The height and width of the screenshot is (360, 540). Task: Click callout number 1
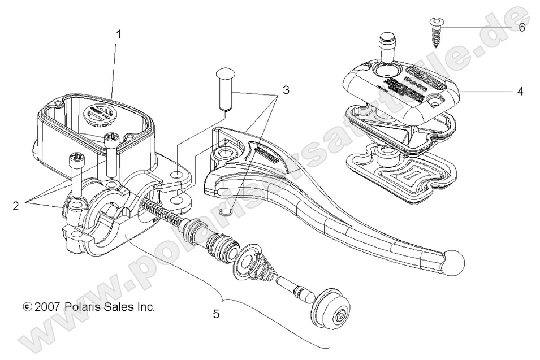[x=119, y=34]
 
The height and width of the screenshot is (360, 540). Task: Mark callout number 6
[x=521, y=27]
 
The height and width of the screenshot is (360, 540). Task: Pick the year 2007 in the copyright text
[x=47, y=307]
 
